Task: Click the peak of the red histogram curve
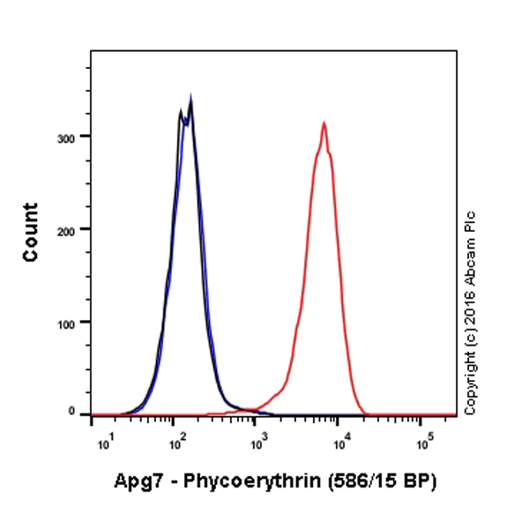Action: pos(324,123)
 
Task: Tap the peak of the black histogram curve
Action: pos(190,99)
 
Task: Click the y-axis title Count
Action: pos(31,232)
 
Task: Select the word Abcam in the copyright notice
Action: pos(471,254)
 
